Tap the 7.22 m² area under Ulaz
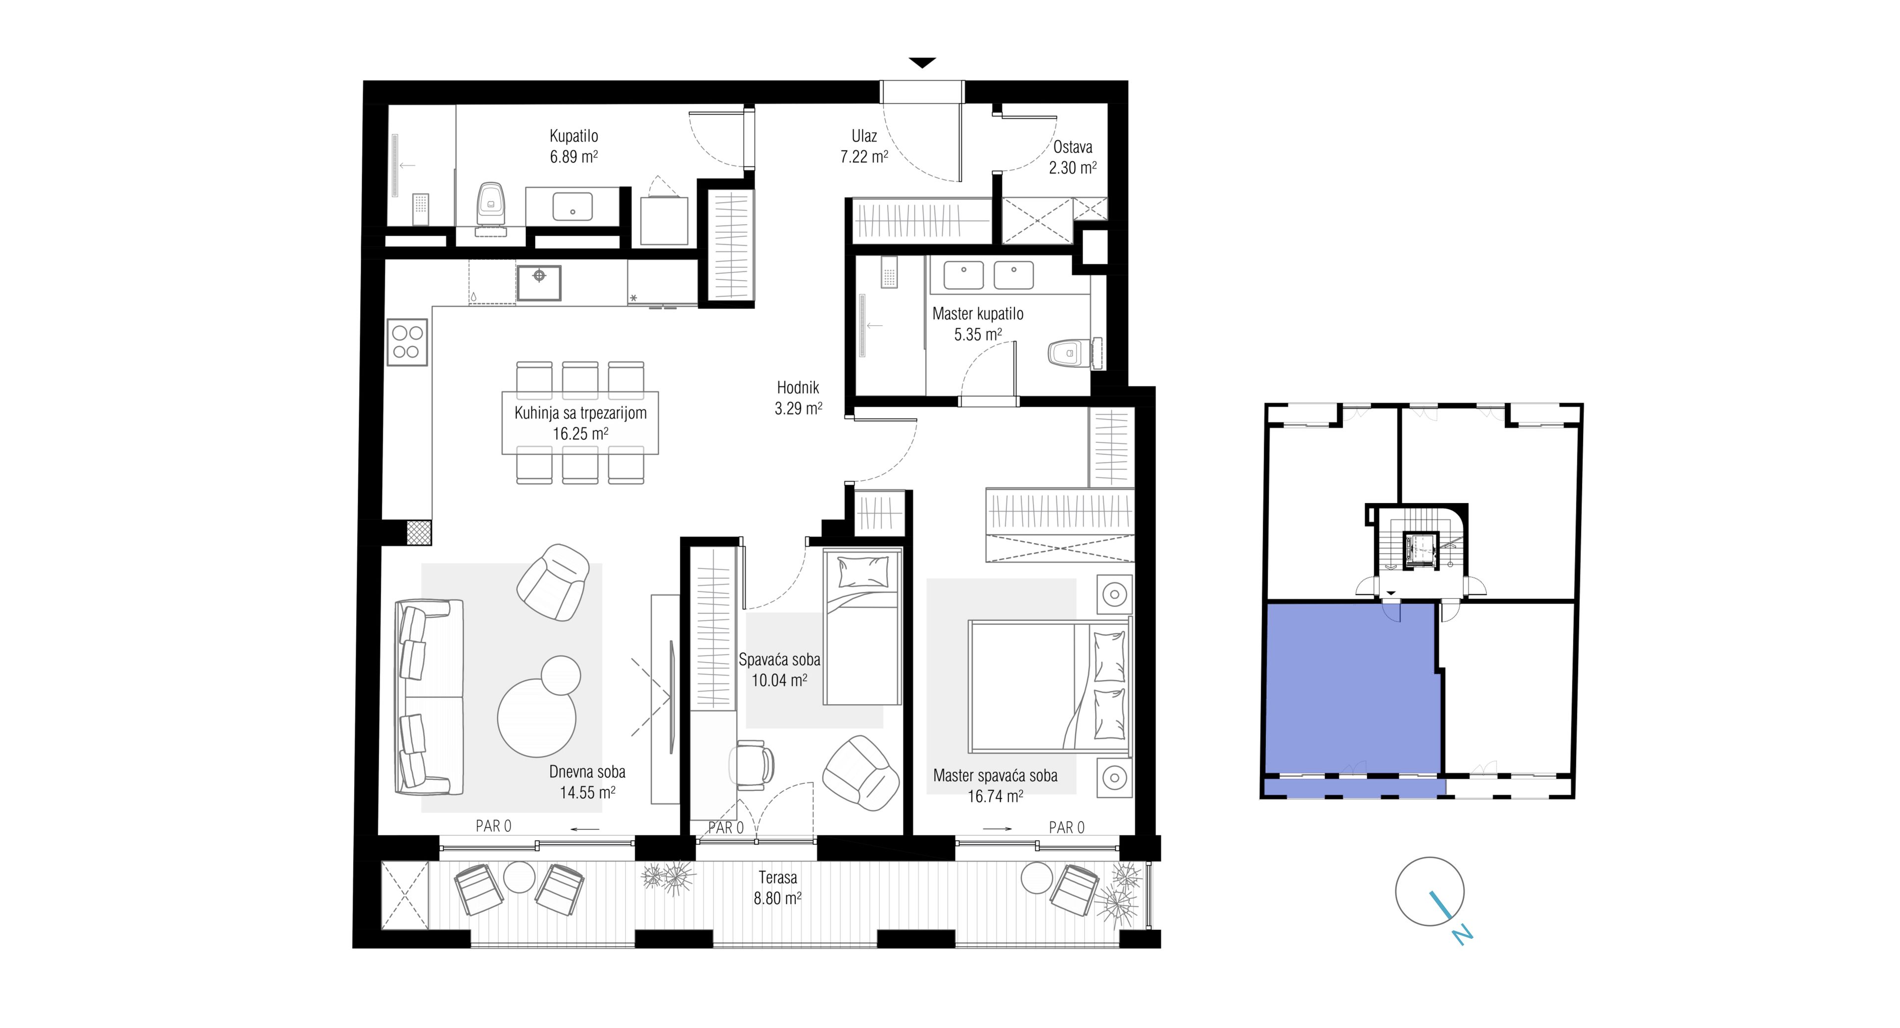pyautogui.click(x=864, y=156)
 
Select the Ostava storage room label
pyautogui.click(x=1072, y=147)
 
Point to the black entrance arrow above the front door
pyautogui.click(x=922, y=63)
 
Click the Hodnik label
pyautogui.click(x=797, y=387)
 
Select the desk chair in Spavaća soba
pyautogui.click(x=752, y=762)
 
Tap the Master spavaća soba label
pyautogui.click(x=995, y=775)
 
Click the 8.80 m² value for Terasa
pyautogui.click(x=777, y=899)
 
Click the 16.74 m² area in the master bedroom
pyautogui.click(x=995, y=796)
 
